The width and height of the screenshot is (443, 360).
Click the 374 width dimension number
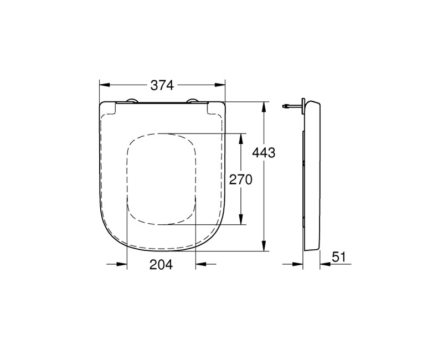tap(162, 85)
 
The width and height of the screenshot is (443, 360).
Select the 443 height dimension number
tap(264, 153)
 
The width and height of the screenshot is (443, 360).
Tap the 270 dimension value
tap(241, 179)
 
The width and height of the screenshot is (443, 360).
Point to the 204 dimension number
tap(161, 265)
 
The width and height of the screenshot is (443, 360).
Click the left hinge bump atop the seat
tap(132, 101)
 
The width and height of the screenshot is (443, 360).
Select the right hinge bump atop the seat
tap(193, 101)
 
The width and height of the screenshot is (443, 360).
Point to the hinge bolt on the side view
tap(288, 105)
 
